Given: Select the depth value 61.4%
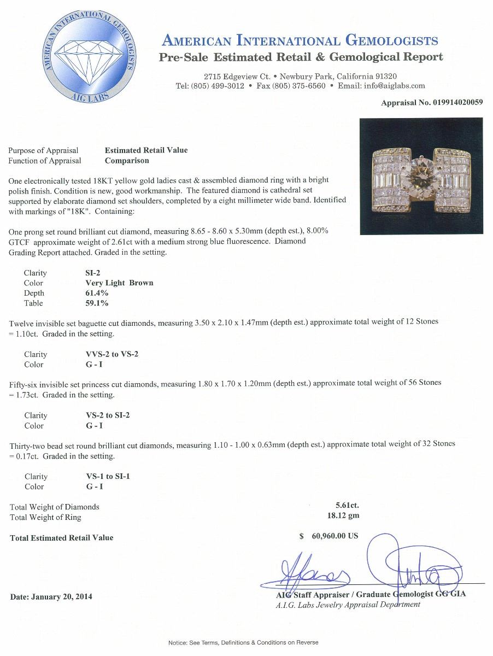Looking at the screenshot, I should click(x=90, y=293).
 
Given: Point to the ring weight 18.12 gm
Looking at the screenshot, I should click(x=343, y=516).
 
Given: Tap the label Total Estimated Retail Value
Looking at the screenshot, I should click(x=62, y=538).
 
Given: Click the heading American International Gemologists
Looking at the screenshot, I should click(x=300, y=40).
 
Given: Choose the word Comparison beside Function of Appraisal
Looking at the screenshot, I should click(x=127, y=161).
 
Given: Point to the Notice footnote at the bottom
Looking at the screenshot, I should click(x=243, y=642).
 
